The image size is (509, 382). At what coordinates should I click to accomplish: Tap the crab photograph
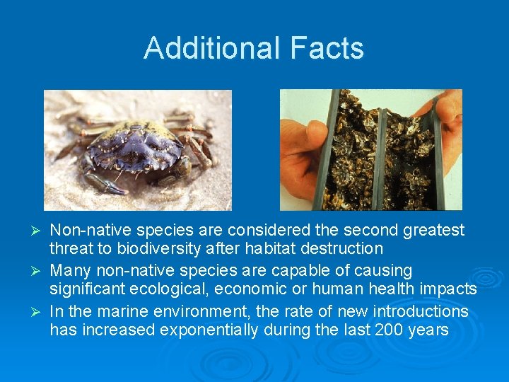click(137, 150)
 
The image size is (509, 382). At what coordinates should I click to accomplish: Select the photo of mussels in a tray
click(370, 150)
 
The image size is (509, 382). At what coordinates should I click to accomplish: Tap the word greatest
click(435, 230)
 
